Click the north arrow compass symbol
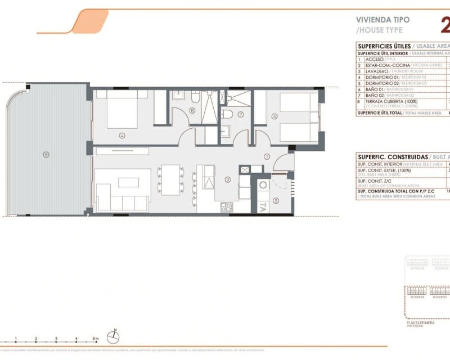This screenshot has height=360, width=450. pyautogui.click(x=114, y=336)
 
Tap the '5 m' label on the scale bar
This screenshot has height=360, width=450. pyautogui.click(x=96, y=339)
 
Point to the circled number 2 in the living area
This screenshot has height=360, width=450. pyautogui.click(x=227, y=180)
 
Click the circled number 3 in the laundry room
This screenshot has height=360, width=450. pyautogui.click(x=276, y=200)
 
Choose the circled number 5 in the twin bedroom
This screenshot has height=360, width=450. pyautogui.click(x=274, y=117)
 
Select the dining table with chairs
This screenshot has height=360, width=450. pyautogui.click(x=170, y=178)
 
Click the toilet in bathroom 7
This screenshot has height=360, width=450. pyautogui.click(x=227, y=114)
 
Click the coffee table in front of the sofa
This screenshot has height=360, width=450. pyautogui.click(x=128, y=182)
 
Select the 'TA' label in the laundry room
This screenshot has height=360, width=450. pyautogui.click(x=263, y=206)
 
